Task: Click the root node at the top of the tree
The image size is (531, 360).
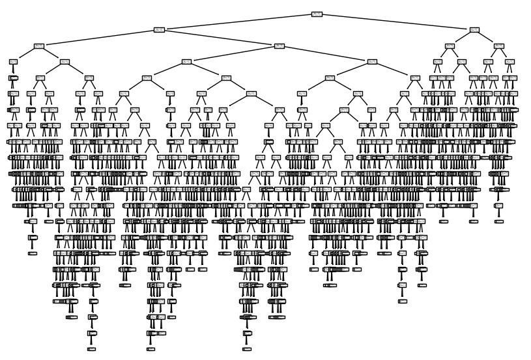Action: coord(317,14)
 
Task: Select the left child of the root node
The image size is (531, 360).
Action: coord(159,29)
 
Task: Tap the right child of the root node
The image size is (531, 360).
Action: coord(474,29)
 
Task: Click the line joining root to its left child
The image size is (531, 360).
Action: coord(238,21)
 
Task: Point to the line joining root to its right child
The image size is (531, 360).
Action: coord(395,21)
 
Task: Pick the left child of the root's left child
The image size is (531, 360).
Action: coord(38,46)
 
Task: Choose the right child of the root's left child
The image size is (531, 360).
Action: coord(280,46)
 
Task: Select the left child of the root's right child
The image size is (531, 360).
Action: coord(450,46)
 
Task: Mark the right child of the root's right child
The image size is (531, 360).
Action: coord(499,46)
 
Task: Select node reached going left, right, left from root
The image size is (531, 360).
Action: coord(187,61)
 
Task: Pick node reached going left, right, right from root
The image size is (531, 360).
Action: coord(372,61)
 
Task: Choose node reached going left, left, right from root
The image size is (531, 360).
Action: coord(65,61)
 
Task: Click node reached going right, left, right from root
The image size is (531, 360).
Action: coord(462,61)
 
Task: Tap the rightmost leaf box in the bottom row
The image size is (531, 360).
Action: coord(247,349)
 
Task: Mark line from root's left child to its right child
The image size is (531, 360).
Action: coord(220,38)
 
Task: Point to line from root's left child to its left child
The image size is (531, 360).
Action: coord(98,38)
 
